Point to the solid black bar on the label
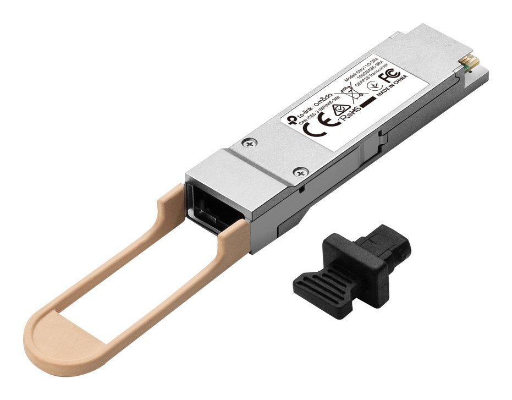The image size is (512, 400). (368, 101)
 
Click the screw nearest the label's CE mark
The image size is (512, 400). (250, 144)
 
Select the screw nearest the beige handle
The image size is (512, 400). (300, 172)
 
